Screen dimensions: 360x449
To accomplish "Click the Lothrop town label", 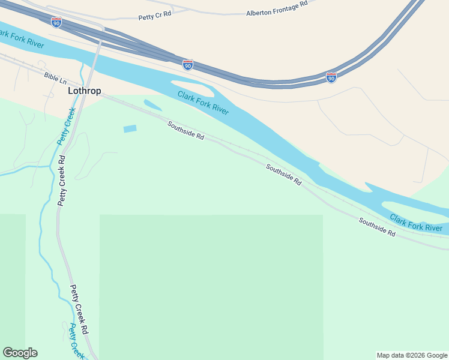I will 84,91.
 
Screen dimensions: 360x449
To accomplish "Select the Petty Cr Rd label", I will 155,17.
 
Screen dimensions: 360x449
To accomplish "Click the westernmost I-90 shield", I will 56,22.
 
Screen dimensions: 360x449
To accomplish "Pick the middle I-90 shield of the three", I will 188,64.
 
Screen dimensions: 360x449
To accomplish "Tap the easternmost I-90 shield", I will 331,77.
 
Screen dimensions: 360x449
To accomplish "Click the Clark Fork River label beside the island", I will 203,102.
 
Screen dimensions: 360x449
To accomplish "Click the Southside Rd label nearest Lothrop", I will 185,130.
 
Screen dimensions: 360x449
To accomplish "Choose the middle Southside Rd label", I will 284,175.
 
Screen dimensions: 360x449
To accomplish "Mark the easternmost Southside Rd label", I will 377,227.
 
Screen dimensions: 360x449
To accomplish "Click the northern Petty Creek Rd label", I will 62,181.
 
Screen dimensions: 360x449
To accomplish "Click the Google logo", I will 20,353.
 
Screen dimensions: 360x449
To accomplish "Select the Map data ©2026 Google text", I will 412,355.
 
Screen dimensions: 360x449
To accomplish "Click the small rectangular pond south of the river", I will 130,128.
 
